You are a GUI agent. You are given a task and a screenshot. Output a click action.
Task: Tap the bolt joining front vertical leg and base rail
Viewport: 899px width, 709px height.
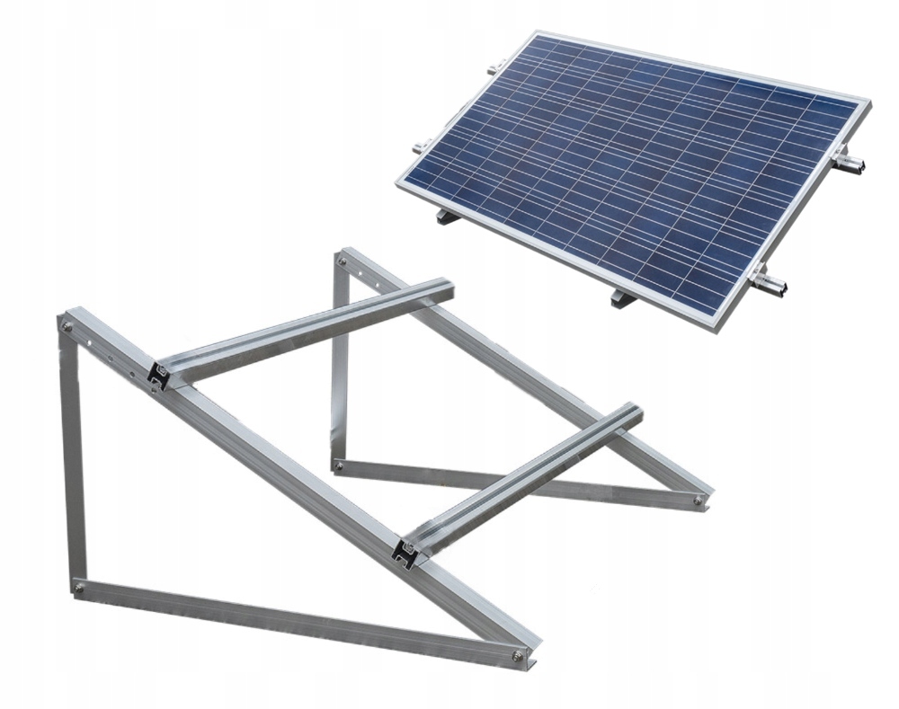[x=79, y=588]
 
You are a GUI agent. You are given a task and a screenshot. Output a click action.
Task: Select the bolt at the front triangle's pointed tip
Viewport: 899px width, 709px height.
[x=516, y=654]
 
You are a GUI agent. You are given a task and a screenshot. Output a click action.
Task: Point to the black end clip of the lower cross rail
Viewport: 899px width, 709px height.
[x=406, y=554]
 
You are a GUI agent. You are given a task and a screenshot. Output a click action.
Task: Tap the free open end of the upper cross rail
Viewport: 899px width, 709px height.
[x=447, y=288]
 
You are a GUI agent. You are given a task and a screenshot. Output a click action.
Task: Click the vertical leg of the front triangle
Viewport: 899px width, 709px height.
[x=75, y=458]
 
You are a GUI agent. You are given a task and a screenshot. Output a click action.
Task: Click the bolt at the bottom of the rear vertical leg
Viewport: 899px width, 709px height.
[x=338, y=465]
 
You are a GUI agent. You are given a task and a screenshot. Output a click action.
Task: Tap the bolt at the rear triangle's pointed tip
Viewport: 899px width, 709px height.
[x=698, y=501]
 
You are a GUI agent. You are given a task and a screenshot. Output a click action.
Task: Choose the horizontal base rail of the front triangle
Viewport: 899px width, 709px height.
[x=297, y=621]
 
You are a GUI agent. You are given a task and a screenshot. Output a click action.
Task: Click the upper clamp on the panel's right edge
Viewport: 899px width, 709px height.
[x=850, y=164]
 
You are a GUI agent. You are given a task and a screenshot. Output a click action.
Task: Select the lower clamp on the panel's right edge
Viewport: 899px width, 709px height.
[x=771, y=287]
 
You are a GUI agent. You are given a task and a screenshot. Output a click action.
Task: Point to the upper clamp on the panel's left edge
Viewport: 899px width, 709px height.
[x=493, y=68]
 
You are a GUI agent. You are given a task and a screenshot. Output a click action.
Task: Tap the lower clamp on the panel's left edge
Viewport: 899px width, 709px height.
[x=420, y=148]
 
